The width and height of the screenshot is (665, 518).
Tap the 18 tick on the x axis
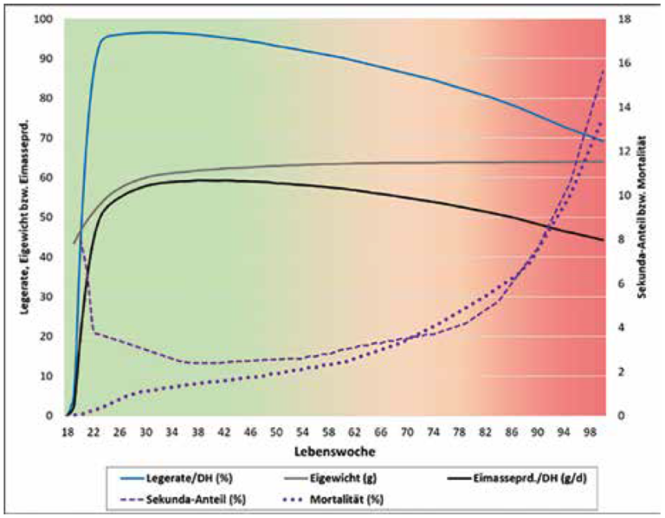coord(67,431)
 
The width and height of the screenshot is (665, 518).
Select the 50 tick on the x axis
coord(276,431)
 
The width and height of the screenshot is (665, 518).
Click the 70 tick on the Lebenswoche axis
coord(407,431)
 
